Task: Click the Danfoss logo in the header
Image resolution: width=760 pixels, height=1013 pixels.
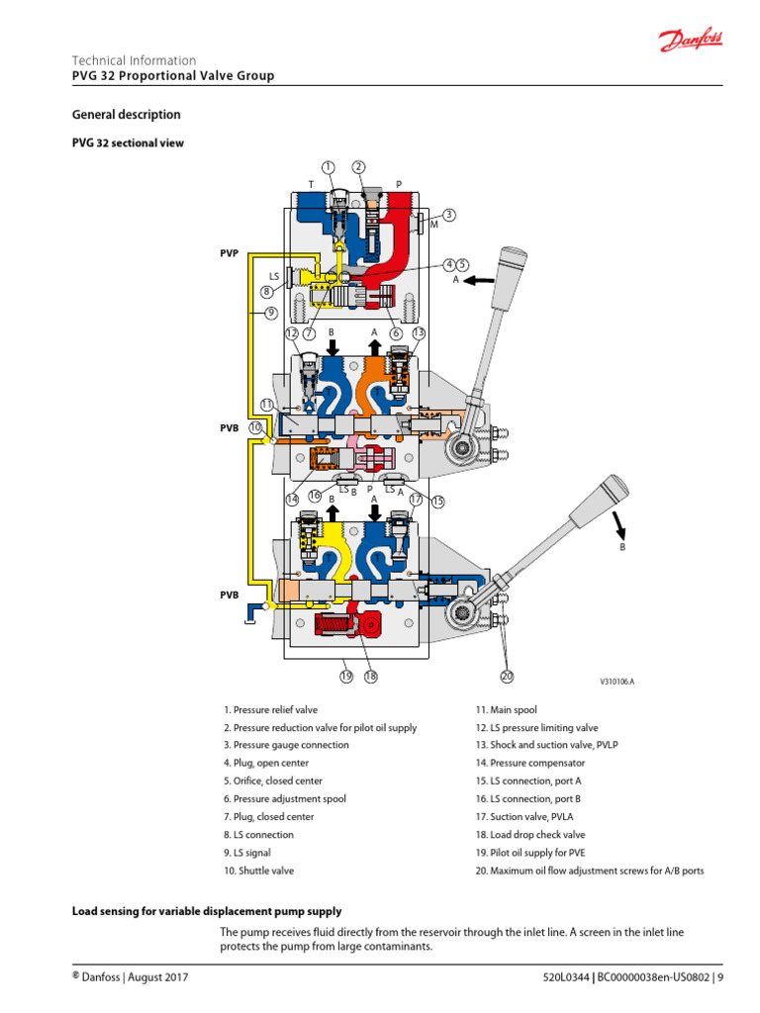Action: click(691, 42)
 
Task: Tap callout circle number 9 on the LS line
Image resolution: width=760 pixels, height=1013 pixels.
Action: click(270, 313)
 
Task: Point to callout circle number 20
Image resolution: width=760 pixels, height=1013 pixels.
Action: click(507, 677)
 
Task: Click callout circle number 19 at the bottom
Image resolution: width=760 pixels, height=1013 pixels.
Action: click(346, 677)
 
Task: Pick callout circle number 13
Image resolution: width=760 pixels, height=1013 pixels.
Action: click(419, 333)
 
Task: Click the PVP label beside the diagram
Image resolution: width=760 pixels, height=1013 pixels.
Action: click(230, 253)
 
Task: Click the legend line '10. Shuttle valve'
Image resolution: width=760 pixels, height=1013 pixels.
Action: click(258, 871)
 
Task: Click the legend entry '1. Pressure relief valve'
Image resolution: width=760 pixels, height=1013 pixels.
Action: click(270, 710)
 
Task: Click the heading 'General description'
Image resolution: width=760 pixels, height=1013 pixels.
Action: click(126, 115)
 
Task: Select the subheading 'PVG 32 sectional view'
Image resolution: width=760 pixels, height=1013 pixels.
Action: click(128, 143)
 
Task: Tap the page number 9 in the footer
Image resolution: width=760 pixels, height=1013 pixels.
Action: click(720, 978)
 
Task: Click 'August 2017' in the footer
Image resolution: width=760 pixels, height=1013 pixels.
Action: click(160, 978)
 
